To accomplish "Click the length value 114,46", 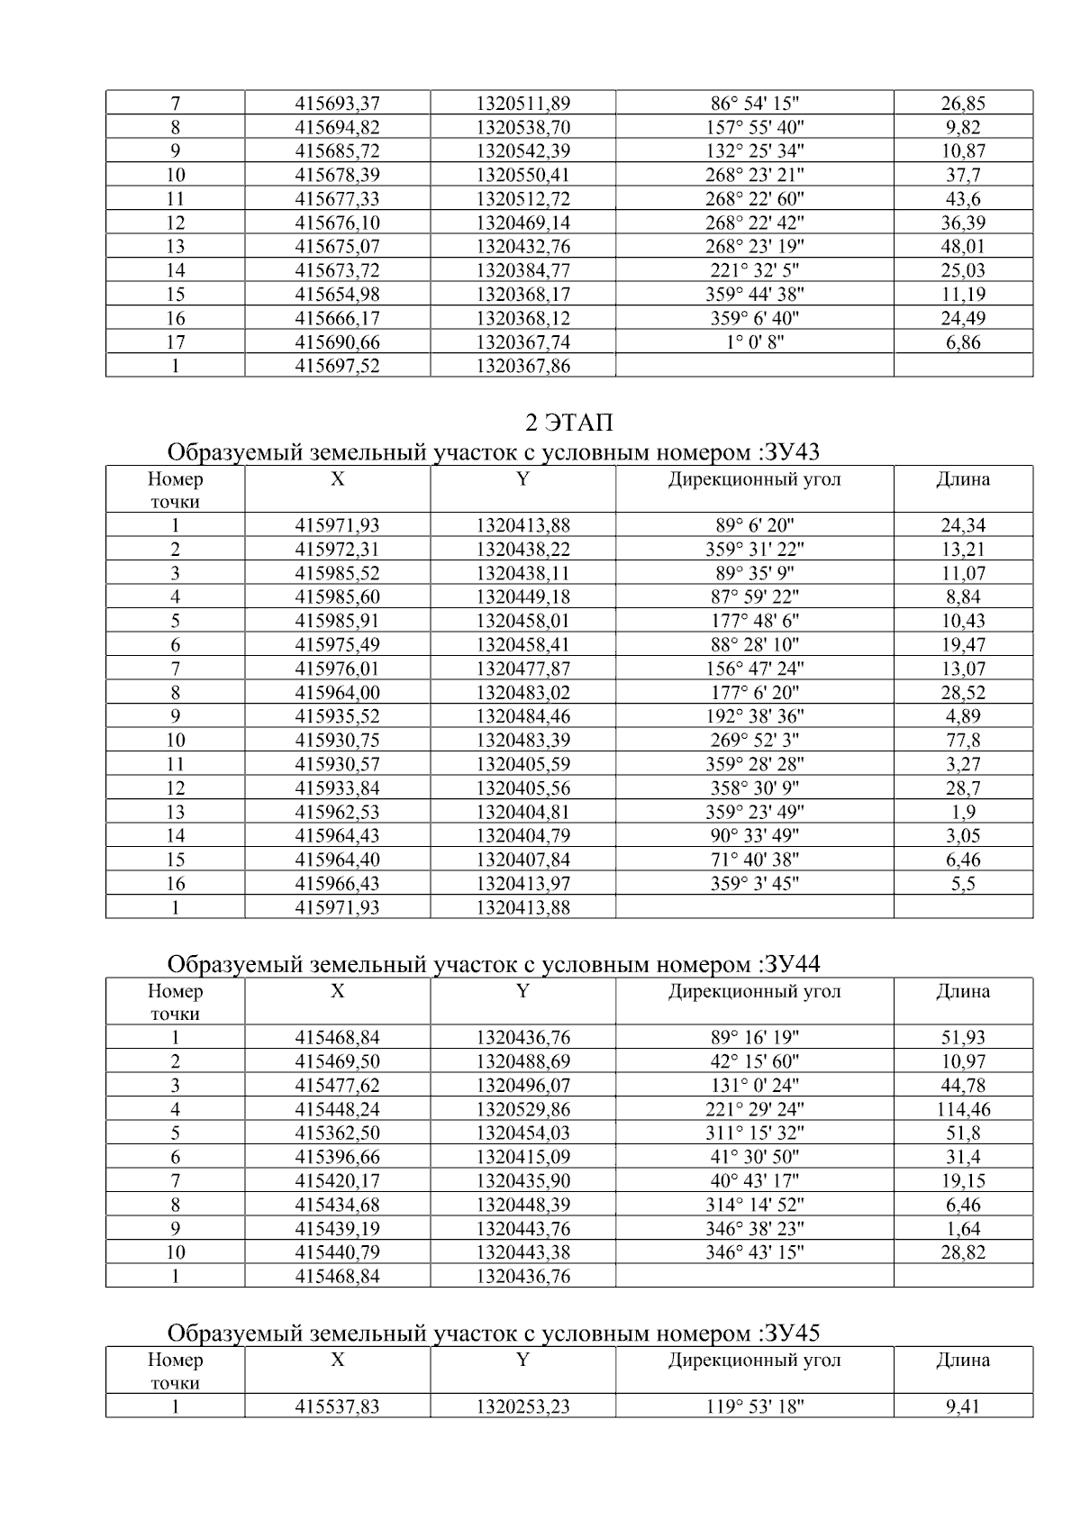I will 963,1109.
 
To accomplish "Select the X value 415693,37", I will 337,104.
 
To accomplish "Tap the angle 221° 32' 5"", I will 754,270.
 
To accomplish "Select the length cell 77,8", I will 963,741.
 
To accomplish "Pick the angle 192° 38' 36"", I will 754,716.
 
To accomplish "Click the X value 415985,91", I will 337,621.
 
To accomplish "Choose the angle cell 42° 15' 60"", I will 754,1061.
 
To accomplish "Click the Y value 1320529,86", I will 522,1109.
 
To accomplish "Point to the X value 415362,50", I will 337,1133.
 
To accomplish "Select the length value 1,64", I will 963,1228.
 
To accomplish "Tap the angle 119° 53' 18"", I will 754,1406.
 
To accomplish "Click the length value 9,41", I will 963,1406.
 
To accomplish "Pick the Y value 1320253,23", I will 522,1406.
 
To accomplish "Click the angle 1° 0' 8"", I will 754,342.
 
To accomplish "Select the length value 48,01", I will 963,247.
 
